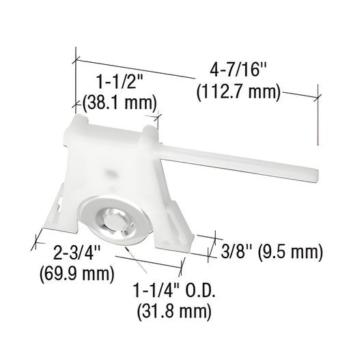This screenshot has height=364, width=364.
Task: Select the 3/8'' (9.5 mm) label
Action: click(271, 251)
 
